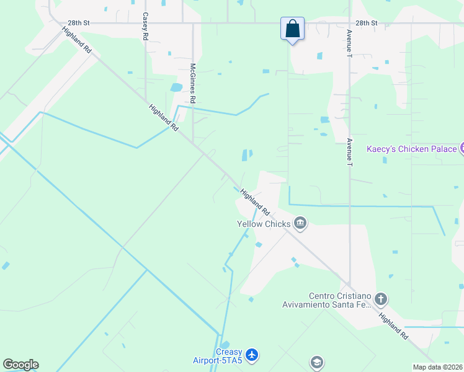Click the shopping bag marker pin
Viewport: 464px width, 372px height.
tap(292, 29)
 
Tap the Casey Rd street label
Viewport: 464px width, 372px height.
tap(145, 27)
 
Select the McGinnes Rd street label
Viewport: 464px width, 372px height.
tap(193, 82)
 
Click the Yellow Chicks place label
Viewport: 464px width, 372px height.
tap(264, 224)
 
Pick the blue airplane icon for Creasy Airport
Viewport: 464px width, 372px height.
tap(251, 355)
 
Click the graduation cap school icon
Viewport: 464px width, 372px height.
tap(317, 362)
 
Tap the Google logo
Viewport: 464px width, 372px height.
tap(20, 365)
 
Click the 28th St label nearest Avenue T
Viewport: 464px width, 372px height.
tap(367, 23)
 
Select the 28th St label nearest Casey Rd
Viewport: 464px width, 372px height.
tap(79, 23)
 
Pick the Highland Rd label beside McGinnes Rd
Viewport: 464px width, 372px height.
tap(164, 117)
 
